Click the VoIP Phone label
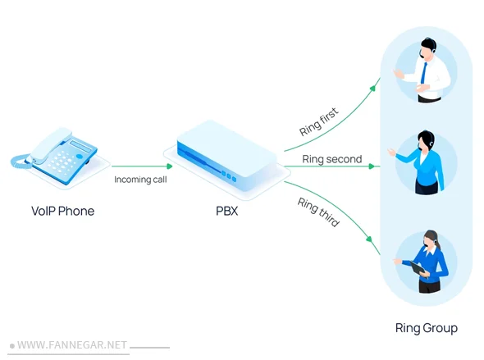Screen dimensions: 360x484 pyautogui.click(x=62, y=211)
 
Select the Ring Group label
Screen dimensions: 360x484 pyautogui.click(x=426, y=328)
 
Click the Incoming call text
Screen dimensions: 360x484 pyautogui.click(x=140, y=179)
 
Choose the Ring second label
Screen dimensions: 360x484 pyautogui.click(x=331, y=159)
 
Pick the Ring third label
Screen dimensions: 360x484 pyautogui.click(x=319, y=212)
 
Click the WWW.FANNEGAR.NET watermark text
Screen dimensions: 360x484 pyautogui.click(x=72, y=345)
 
